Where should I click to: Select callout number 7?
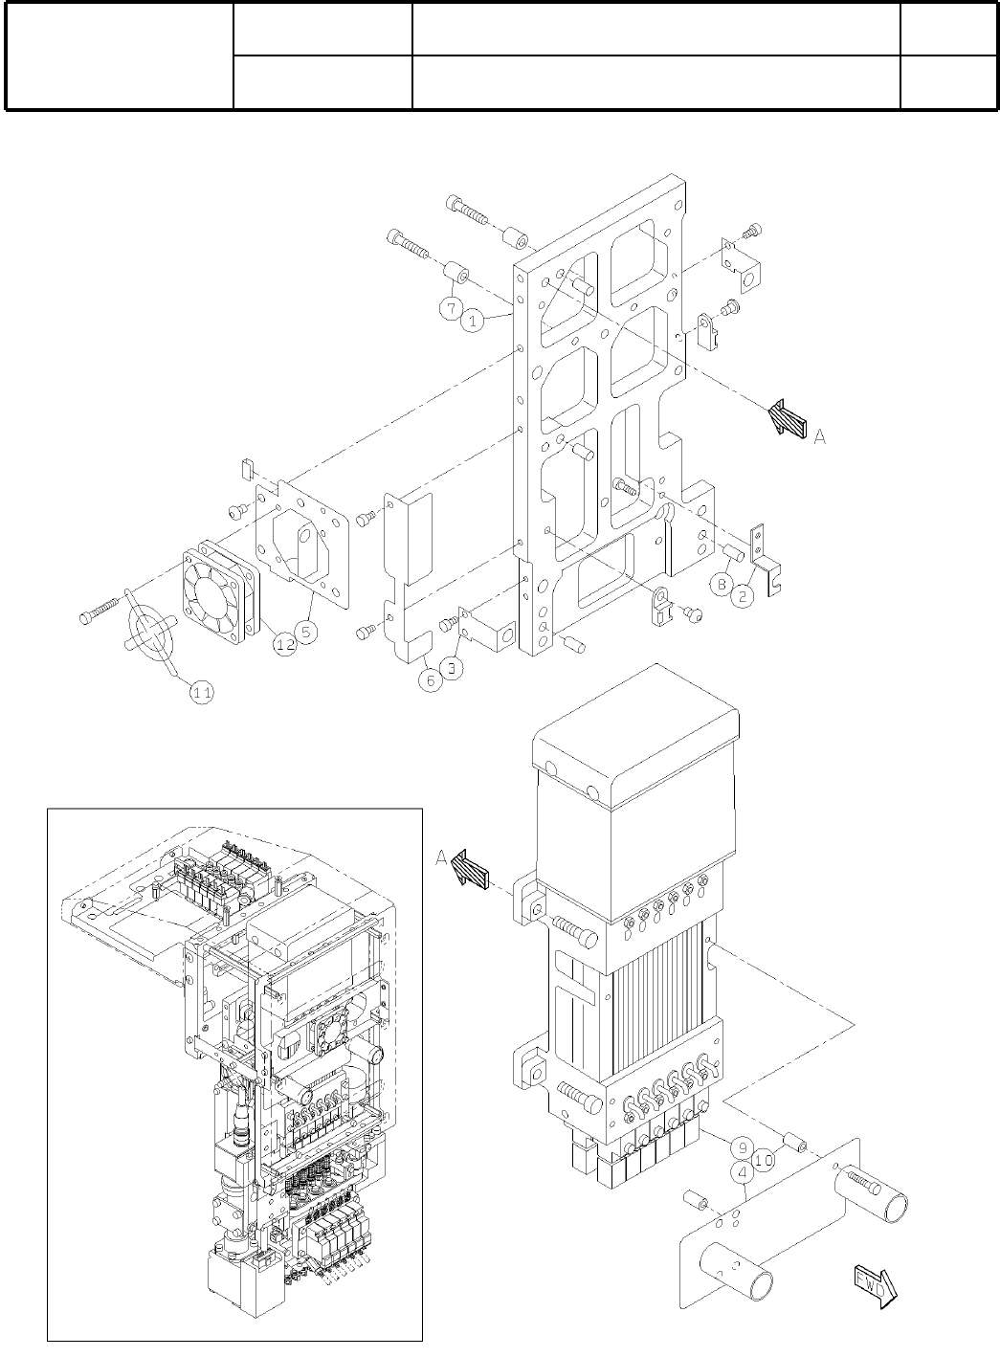click(452, 308)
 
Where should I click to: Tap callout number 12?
click(284, 645)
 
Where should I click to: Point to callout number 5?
click(307, 633)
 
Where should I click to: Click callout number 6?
click(432, 678)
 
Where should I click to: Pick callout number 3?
click(453, 667)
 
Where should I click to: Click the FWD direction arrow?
click(872, 1282)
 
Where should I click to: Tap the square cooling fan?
click(220, 591)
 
